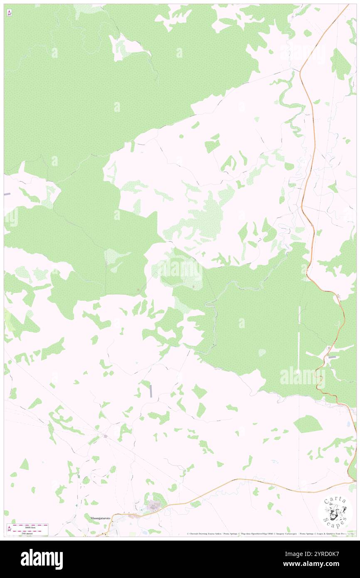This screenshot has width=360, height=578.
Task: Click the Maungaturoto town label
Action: (x=99, y=518)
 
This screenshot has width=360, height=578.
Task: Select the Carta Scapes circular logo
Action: (x=335, y=512)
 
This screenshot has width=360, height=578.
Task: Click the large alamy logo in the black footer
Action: (x=42, y=559)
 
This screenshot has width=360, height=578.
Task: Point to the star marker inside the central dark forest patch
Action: (x=193, y=287)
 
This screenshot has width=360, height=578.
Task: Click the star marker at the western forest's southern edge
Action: (x=138, y=290)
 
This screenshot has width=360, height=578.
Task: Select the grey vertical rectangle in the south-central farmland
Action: (x=150, y=390)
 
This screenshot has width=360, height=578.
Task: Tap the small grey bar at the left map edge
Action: (x=7, y=194)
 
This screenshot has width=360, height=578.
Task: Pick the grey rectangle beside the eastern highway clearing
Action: (x=332, y=357)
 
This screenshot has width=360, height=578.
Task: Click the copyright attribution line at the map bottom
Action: (x=266, y=534)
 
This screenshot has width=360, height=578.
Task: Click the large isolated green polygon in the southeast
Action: (x=308, y=424)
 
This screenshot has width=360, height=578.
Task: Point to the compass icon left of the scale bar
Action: (x=9, y=529)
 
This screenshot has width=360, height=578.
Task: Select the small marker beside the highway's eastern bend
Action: (x=338, y=296)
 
